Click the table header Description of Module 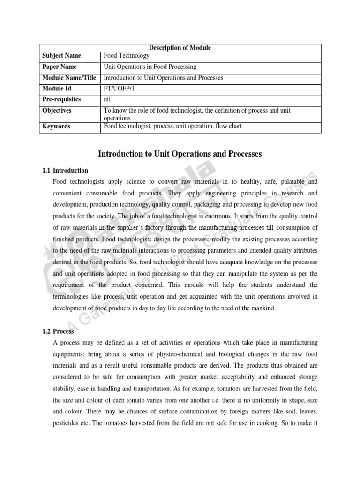pos(180,48)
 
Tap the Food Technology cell pos(127,56)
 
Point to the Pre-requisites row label pos(61,99)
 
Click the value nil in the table pos(107,99)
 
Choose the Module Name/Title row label pos(69,78)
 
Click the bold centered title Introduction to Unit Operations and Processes pos(180,153)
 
